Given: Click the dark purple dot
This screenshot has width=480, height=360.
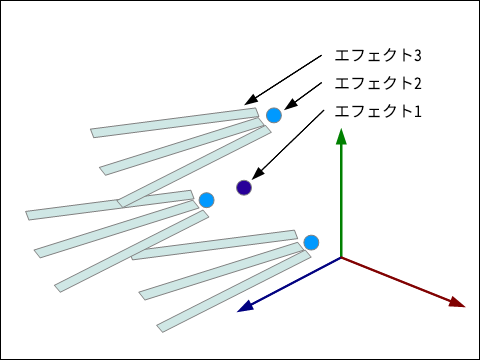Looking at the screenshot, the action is (x=244, y=187).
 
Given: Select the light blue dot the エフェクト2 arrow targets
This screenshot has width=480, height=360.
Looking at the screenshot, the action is (x=274, y=115).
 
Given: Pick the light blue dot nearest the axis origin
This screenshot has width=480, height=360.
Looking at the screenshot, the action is (x=311, y=242).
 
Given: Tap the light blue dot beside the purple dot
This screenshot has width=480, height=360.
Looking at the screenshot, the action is (x=206, y=200).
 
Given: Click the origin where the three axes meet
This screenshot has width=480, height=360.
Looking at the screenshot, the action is (x=342, y=258).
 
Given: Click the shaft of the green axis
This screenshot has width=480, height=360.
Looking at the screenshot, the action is (x=342, y=200).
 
